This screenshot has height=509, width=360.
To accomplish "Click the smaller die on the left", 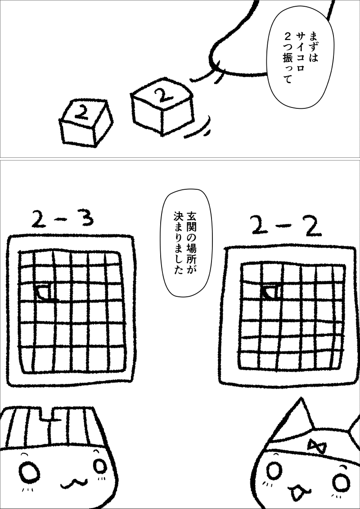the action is click(x=86, y=122).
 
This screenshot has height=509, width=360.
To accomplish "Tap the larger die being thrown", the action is click(x=162, y=106).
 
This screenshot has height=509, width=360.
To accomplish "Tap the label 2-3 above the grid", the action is click(x=63, y=219).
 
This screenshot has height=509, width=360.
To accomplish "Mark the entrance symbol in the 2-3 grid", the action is click(x=44, y=292).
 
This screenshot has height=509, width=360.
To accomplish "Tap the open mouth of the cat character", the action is click(x=297, y=491).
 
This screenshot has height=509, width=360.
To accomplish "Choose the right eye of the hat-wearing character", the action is click(x=99, y=466).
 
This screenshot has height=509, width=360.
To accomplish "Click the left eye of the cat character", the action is click(x=274, y=470).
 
